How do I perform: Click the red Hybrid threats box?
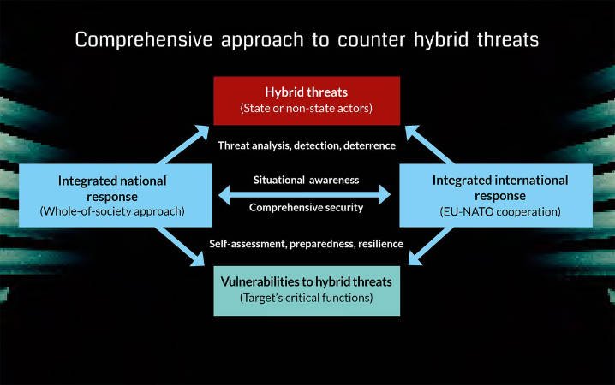coord(307,99)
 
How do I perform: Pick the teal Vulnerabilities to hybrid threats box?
coord(307,290)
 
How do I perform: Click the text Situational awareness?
coord(307,180)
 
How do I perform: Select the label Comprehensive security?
coord(307,208)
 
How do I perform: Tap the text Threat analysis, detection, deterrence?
coord(307,145)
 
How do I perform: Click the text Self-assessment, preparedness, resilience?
coord(307,244)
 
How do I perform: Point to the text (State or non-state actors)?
coord(307,109)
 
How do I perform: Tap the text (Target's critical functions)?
coord(307,299)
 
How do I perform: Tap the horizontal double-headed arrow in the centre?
coord(307,194)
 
